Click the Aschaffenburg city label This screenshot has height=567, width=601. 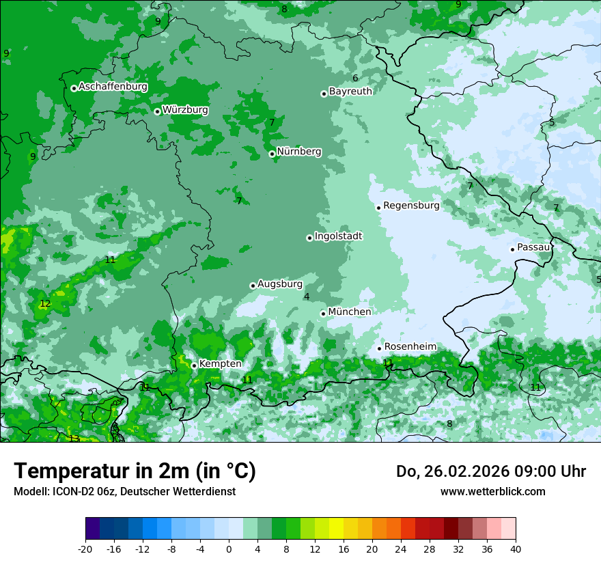113,87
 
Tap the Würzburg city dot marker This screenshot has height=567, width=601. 157,111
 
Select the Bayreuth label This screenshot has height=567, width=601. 350,92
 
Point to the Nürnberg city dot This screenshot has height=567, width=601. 272,154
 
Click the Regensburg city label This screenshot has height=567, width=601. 411,206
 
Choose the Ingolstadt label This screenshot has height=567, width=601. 338,236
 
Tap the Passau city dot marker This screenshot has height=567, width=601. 512,249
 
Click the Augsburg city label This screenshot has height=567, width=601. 279,284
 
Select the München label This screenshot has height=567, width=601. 350,312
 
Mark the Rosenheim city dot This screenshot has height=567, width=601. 379,348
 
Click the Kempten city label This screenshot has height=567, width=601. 220,364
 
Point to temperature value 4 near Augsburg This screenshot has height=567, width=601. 307,296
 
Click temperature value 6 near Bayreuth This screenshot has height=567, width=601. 355,79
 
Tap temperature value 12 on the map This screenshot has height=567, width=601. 45,304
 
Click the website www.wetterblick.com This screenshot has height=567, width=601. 492,491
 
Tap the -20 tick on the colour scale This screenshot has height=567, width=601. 85,549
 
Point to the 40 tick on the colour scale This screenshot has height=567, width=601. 515,549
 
